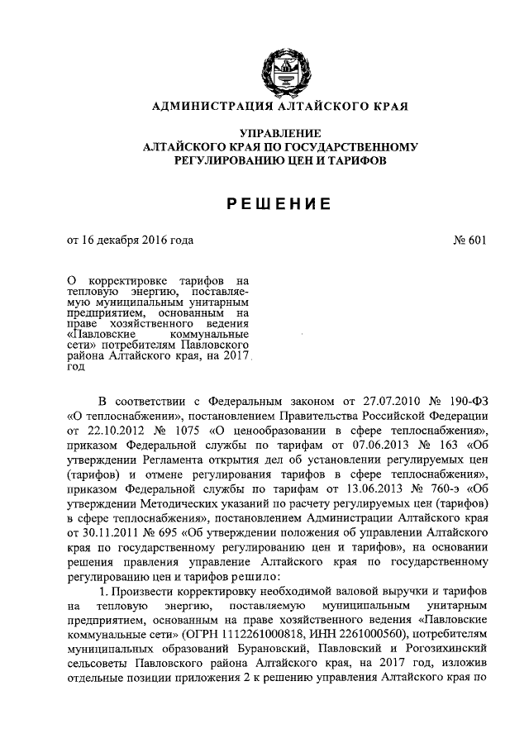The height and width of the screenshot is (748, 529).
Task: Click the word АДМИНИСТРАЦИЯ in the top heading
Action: point(193,107)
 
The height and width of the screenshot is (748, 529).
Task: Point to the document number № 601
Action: point(470,241)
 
